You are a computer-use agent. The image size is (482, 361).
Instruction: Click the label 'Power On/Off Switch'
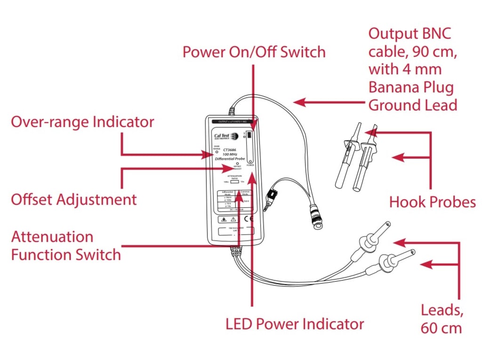coord(254,52)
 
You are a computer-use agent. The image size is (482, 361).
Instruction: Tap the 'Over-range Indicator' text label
coord(82,122)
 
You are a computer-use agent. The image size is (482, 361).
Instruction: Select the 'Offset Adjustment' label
coord(74,199)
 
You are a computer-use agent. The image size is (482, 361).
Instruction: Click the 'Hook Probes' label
coord(432,202)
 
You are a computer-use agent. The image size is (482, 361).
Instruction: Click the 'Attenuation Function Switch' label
coord(66,245)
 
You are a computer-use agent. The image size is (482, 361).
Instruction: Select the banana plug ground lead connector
coord(272,197)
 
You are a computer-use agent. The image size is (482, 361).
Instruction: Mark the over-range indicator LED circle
coord(217,152)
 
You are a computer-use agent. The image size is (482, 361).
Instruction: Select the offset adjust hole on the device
coord(237,164)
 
